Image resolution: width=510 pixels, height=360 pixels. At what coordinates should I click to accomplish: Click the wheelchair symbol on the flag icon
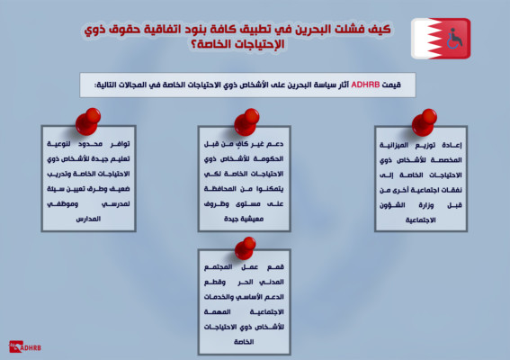454,39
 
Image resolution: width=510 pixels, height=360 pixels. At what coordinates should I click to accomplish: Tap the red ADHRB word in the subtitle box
365,85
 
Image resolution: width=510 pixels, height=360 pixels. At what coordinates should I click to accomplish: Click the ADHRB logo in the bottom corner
25,346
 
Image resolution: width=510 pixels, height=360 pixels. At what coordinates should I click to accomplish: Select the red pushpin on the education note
88,121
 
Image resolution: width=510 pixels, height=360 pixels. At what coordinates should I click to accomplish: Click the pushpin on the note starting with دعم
246,121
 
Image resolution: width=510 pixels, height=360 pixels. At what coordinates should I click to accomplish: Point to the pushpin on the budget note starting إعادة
425,122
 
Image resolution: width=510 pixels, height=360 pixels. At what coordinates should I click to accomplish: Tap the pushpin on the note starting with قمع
246,248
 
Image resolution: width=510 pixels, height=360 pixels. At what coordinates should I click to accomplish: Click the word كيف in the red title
380,30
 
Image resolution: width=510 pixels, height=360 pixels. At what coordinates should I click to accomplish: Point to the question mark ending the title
194,44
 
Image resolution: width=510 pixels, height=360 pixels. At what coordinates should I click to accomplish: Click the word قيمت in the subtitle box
392,85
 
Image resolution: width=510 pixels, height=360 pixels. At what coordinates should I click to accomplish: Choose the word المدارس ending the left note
88,219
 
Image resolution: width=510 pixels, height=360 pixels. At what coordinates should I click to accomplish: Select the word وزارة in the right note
426,205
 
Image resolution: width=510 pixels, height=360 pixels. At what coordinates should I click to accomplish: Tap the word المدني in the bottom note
272,282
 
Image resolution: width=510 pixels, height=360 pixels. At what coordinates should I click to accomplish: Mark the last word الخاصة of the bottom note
244,342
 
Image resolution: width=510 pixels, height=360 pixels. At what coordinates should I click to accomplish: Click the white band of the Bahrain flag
421,39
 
